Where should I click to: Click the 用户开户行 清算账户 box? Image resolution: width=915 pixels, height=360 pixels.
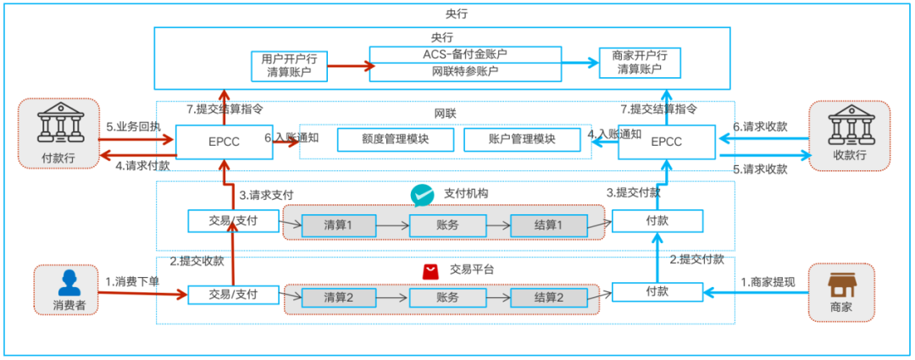[289, 65]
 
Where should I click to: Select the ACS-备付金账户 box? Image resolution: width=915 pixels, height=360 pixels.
[465, 54]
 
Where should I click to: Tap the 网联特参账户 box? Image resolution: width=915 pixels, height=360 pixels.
[465, 71]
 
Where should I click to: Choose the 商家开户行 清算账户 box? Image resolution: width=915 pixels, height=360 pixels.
[639, 63]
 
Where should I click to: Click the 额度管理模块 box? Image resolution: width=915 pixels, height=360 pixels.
[395, 139]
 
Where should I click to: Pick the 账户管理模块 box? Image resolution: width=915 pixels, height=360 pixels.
[521, 139]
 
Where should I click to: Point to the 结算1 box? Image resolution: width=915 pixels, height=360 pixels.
[548, 224]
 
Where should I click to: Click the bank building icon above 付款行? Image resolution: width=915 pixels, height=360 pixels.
[58, 127]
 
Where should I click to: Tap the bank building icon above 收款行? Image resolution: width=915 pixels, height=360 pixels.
[850, 127]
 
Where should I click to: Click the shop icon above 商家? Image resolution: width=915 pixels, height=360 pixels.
[840, 283]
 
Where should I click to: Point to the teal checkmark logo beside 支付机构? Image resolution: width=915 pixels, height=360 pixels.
[421, 195]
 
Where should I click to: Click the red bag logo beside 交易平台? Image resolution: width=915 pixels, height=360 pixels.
[430, 270]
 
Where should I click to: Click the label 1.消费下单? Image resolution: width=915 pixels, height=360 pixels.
[132, 281]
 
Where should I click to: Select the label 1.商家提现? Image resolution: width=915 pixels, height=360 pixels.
[768, 281]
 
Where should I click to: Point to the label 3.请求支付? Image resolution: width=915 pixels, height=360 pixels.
[266, 195]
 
